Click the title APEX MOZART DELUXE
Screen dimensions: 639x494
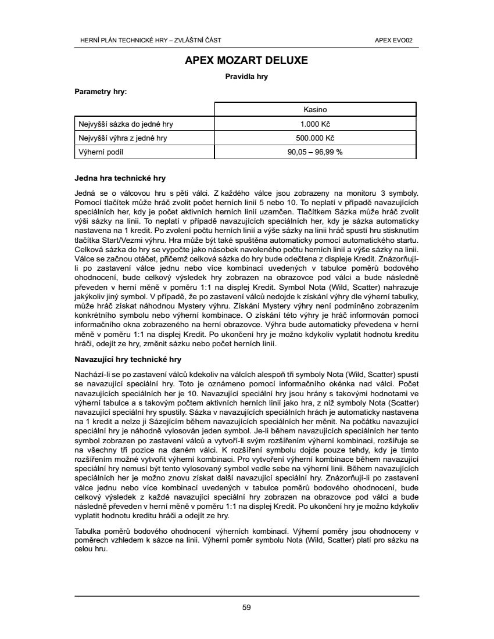point(246,60)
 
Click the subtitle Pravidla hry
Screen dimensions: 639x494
point(246,76)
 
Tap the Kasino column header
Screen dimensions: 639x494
point(315,109)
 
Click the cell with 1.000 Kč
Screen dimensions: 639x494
point(315,124)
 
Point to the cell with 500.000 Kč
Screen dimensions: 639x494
point(315,138)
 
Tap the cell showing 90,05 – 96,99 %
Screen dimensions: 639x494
point(315,152)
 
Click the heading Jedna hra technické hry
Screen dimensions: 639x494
point(121,178)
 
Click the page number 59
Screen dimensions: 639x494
point(246,608)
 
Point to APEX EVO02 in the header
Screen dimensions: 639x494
point(398,40)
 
